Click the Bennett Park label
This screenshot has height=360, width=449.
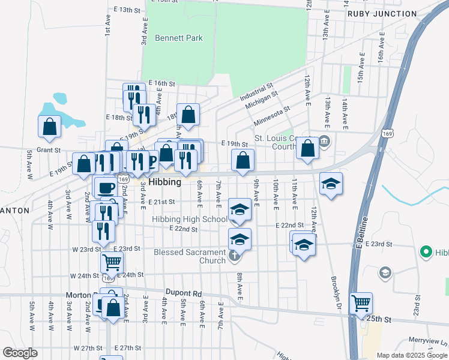point(178,38)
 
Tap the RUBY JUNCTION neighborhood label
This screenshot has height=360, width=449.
point(390,13)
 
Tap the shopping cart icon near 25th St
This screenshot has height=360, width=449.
point(361,303)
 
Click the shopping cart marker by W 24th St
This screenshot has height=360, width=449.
point(112,262)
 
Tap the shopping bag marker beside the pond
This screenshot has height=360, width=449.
point(49,126)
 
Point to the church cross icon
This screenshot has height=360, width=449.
point(234,256)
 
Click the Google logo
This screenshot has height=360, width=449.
point(20,352)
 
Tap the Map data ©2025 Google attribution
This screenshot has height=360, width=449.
point(412,355)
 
